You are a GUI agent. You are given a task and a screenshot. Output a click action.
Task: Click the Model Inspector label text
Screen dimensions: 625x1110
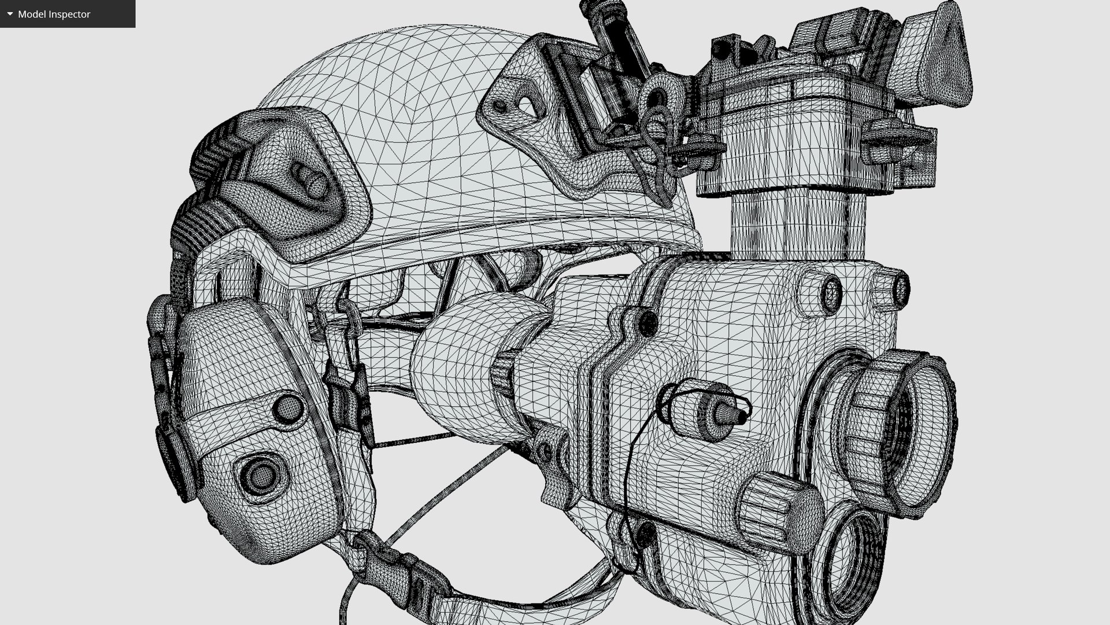(x=54, y=14)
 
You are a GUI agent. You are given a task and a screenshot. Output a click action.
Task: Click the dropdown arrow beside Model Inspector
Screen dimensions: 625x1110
(x=10, y=14)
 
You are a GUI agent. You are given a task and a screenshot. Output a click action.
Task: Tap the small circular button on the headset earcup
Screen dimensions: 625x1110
(x=287, y=408)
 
